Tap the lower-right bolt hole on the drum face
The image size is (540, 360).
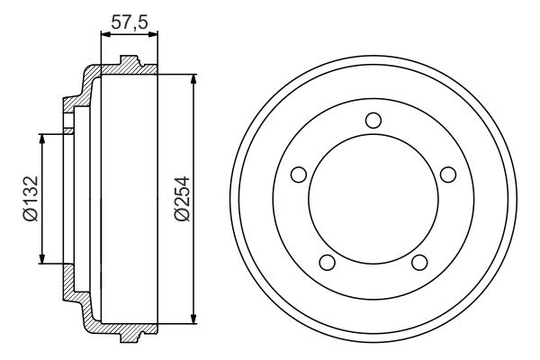418,262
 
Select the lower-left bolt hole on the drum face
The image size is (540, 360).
327,262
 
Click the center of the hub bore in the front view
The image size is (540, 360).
373,200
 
